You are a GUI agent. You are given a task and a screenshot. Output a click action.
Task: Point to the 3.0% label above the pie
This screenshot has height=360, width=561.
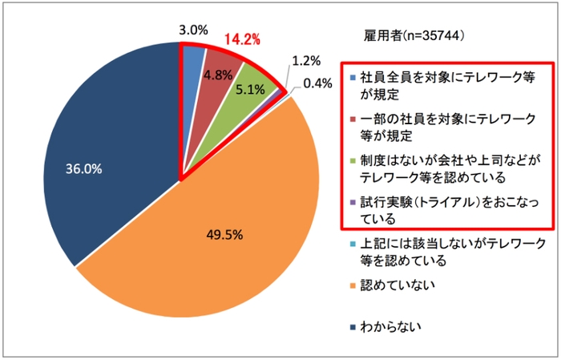pyautogui.click(x=192, y=30)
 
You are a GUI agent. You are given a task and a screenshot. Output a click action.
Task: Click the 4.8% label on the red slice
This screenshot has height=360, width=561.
pyautogui.click(x=218, y=75)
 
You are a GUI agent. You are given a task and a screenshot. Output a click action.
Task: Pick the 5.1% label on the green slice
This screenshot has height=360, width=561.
pyautogui.click(x=251, y=90)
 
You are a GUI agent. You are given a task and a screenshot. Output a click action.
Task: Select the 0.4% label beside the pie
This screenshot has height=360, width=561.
pyautogui.click(x=317, y=83)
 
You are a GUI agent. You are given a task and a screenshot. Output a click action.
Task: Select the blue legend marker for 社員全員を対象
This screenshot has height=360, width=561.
pyautogui.click(x=353, y=79)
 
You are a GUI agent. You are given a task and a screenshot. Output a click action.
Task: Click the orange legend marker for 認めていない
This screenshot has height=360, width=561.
pyautogui.click(x=353, y=285)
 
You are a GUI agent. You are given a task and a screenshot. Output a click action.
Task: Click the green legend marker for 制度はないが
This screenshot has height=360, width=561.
pyautogui.click(x=353, y=160)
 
